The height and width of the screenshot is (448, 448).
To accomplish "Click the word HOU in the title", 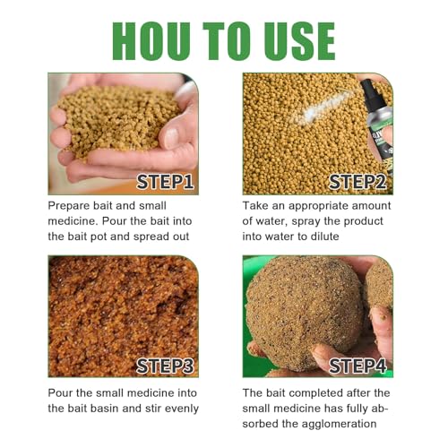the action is (x=151, y=41).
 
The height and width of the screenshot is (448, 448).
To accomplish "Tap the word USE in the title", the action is (x=299, y=41).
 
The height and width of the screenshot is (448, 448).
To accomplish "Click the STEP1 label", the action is (x=165, y=182).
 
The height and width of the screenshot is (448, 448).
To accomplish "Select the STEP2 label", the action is (x=358, y=182).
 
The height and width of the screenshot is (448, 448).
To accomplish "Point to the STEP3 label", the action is (x=165, y=366).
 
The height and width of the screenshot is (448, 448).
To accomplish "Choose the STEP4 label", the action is (x=358, y=366).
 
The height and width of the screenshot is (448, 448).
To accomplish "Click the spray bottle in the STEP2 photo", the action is (x=377, y=125).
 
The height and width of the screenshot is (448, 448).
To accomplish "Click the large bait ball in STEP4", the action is (x=305, y=312).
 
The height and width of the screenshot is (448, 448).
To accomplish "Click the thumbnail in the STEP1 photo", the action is (x=172, y=138).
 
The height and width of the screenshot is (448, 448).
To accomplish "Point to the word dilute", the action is (x=325, y=237).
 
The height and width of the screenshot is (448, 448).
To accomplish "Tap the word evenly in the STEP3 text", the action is (x=182, y=409).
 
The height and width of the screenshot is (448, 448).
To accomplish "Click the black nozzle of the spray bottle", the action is (x=367, y=88).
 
